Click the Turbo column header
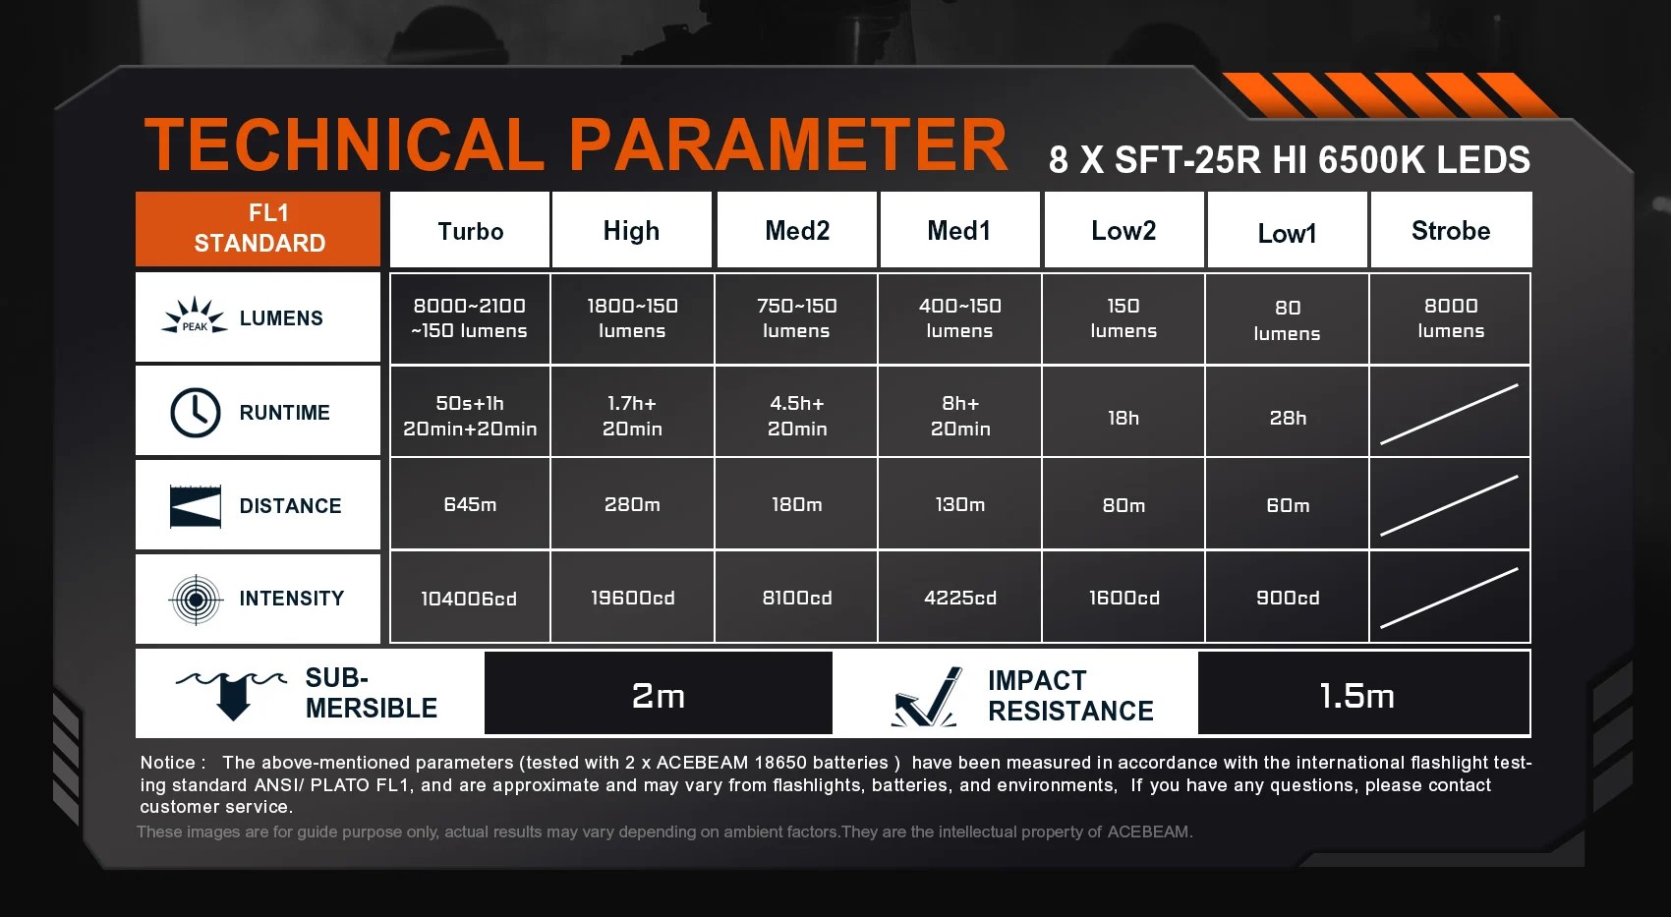[x=470, y=230]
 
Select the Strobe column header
[x=1451, y=230]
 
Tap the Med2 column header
[x=797, y=230]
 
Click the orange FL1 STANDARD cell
[x=259, y=228]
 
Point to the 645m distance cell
[x=470, y=504]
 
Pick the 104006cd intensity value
[x=469, y=599]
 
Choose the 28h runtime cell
[x=1288, y=411]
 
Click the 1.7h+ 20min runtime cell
[x=632, y=411]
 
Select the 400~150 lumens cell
[x=960, y=318]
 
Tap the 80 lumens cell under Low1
[x=1288, y=318]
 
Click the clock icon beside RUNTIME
[x=196, y=412]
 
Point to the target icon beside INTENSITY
[x=196, y=600]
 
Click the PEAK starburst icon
[x=195, y=316]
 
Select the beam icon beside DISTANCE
[x=196, y=506]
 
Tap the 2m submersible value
[x=658, y=696]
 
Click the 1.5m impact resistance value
[x=1356, y=696]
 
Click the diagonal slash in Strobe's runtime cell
[x=1449, y=414]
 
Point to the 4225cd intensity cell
[x=960, y=597]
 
